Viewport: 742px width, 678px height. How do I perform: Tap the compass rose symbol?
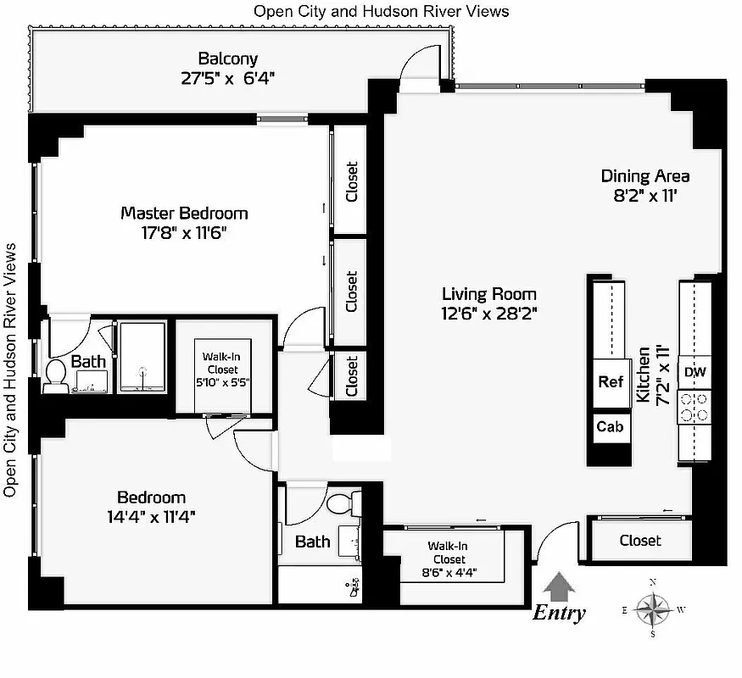(x=652, y=608)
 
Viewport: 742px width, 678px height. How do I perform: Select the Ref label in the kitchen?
(x=611, y=382)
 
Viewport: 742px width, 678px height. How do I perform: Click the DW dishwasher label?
(x=695, y=371)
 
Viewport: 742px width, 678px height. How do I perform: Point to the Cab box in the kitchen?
(x=610, y=426)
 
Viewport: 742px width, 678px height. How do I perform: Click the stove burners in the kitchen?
(x=695, y=406)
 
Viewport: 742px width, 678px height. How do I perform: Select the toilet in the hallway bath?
(x=341, y=504)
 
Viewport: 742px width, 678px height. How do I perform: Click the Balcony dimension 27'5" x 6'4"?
(x=227, y=78)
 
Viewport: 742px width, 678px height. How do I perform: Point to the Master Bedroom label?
(x=184, y=213)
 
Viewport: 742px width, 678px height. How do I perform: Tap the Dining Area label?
(x=645, y=176)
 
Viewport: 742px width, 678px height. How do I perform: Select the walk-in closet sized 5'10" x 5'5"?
(x=220, y=370)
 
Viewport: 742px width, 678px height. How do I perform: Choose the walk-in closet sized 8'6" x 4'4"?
(x=447, y=559)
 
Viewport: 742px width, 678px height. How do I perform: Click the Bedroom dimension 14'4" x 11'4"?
(x=151, y=515)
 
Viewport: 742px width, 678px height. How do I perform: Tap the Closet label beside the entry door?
(x=640, y=540)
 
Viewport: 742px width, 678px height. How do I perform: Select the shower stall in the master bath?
(x=142, y=356)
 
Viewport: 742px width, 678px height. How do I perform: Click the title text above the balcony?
(x=382, y=11)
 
